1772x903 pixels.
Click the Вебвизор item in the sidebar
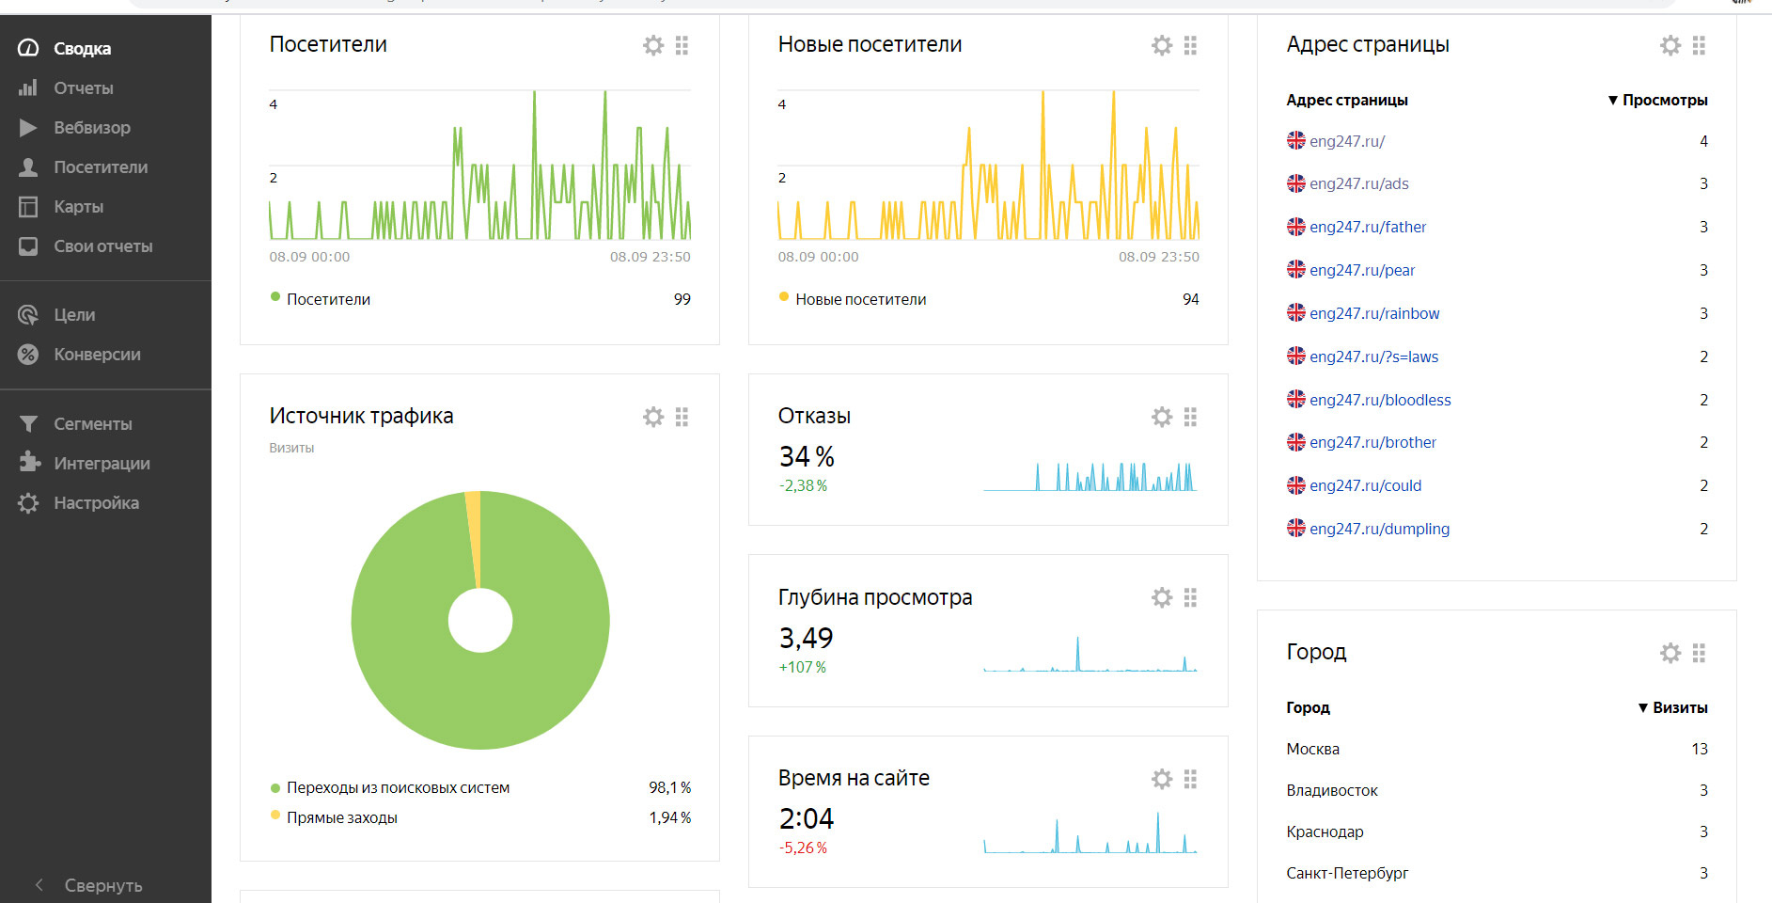coord(91,128)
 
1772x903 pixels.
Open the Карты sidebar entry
coord(78,207)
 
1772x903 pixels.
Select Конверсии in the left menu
coord(97,355)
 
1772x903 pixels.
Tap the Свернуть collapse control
coord(102,885)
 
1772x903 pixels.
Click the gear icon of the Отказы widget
coord(1162,417)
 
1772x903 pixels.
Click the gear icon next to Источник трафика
coord(653,417)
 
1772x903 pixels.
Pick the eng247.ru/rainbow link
coord(1373,313)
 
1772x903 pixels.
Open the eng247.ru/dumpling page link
coord(1379,529)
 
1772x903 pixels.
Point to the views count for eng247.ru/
coord(1703,141)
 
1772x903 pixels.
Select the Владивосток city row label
coord(1331,790)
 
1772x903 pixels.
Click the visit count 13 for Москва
coord(1699,749)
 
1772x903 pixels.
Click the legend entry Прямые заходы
coord(341,817)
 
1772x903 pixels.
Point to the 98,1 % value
coord(669,787)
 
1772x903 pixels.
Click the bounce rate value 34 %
coord(807,457)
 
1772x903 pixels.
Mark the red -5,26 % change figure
coord(803,848)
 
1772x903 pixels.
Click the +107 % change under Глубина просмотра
coord(802,667)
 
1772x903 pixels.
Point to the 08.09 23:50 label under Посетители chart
coord(650,257)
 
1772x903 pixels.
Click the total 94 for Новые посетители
coord(1190,299)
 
